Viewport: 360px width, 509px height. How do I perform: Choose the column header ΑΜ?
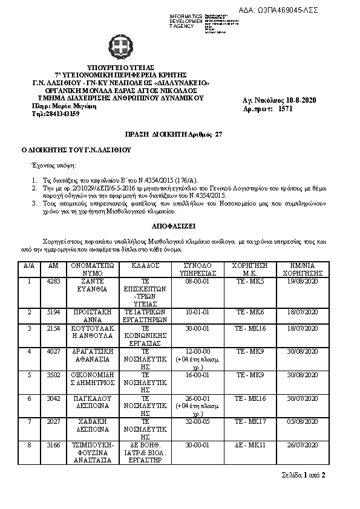pos(53,265)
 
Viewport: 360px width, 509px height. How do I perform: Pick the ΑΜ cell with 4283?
pos(53,281)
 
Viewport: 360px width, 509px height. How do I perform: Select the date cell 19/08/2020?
pos(301,281)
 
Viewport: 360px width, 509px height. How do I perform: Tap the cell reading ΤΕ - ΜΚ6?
pos(250,311)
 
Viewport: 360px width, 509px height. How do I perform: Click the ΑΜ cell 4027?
pos(53,351)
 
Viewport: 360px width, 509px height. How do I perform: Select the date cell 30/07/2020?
pos(301,398)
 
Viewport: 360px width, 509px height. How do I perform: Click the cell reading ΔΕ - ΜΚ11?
pos(250,446)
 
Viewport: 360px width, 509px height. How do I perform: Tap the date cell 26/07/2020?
pos(301,446)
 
